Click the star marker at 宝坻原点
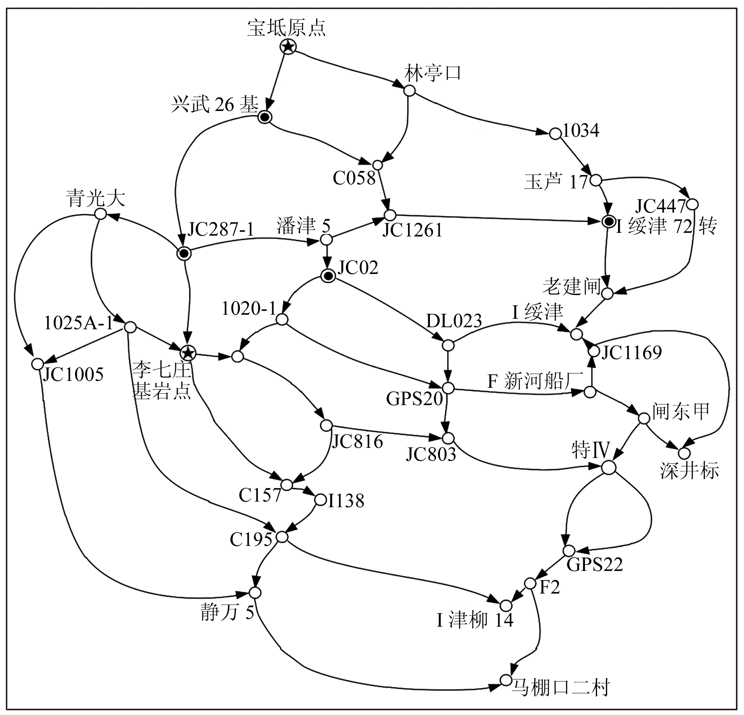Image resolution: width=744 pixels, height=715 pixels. point(288,47)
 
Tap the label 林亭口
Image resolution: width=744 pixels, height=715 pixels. point(432,73)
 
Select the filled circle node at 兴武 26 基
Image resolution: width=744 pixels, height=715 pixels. point(264,117)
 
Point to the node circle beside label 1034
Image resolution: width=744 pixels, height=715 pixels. point(555,133)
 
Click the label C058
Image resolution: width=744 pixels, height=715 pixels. point(354,178)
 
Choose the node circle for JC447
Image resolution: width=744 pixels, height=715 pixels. point(693,204)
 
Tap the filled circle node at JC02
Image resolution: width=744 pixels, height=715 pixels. point(328,276)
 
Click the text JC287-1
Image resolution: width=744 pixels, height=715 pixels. point(221,230)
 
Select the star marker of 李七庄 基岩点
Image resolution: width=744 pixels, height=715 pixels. point(188,353)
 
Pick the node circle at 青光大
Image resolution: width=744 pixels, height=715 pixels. point(101,214)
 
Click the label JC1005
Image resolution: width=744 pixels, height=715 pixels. point(73,374)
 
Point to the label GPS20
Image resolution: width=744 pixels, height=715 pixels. point(415,399)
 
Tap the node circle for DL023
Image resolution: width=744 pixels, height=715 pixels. point(448,345)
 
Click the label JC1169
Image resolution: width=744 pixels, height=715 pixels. point(631,353)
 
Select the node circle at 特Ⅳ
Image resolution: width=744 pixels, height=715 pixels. point(609,468)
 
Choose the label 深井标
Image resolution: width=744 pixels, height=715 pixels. point(690,470)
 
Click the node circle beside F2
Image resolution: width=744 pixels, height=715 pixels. point(530,583)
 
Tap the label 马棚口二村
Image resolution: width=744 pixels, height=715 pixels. point(560,689)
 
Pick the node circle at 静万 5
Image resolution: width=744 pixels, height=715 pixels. point(255,593)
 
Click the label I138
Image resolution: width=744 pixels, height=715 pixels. point(346,501)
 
